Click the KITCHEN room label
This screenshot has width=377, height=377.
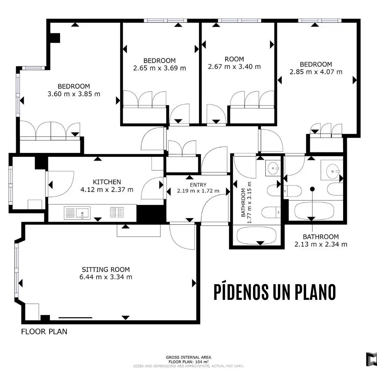[107, 182]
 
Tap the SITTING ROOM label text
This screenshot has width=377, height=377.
[106, 269]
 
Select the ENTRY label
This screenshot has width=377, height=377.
[198, 185]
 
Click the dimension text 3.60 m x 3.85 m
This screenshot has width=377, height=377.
[74, 94]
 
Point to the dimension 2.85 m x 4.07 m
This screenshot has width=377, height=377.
[316, 72]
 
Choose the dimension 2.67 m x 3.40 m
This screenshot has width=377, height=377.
[234, 66]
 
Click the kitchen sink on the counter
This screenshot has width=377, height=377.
[77, 213]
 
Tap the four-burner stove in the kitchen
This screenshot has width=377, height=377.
[117, 212]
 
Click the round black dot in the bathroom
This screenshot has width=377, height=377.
[312, 189]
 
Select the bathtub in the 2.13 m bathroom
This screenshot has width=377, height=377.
[314, 211]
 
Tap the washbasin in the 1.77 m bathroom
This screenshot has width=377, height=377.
[273, 168]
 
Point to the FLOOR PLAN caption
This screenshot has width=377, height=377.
[44, 332]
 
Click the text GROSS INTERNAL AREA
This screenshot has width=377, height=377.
[188, 357]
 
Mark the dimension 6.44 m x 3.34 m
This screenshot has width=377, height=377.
[106, 277]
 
